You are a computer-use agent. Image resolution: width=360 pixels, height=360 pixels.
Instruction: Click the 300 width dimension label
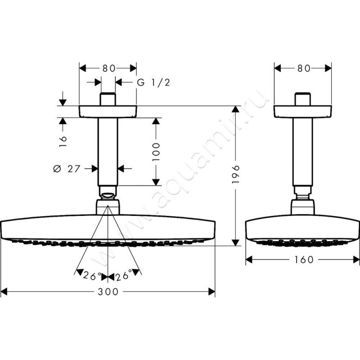pos(108,292)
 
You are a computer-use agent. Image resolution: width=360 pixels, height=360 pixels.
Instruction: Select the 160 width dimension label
pos(304,260)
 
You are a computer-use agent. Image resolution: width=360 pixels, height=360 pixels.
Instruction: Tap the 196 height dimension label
pos(236,174)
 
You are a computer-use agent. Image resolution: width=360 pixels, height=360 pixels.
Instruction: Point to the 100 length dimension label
pos(156,152)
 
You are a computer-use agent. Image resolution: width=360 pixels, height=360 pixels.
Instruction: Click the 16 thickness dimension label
pos(63,141)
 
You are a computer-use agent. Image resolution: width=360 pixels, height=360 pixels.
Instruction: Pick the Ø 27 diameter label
pos(67,169)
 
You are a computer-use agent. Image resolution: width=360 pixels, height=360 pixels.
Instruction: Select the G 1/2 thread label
pos(153,82)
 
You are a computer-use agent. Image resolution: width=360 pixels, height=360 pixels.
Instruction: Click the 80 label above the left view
pos(108,68)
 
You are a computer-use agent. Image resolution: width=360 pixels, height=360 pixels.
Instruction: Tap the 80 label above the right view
pos(304,68)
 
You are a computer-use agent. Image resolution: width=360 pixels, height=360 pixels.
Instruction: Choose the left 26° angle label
pos(92,276)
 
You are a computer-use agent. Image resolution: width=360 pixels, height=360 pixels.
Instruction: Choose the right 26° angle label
pos(123,275)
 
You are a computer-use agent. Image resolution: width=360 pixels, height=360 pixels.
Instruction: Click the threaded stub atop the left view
pos(108,99)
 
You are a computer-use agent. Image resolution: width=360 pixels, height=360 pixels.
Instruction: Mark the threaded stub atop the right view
pos(302,99)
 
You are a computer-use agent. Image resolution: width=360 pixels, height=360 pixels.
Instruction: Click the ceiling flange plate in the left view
pos(108,112)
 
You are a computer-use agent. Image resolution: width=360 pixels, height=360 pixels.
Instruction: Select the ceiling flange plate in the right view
pos(302,112)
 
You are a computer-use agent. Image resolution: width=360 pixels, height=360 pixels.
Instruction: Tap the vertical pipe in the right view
pos(302,152)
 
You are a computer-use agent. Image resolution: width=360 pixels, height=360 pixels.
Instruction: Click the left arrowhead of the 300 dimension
pos(4,292)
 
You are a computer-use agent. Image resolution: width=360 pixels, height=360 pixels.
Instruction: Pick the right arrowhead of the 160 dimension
pos(356,260)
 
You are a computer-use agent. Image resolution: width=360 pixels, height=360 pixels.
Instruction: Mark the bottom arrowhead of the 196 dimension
pos(235,243)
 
